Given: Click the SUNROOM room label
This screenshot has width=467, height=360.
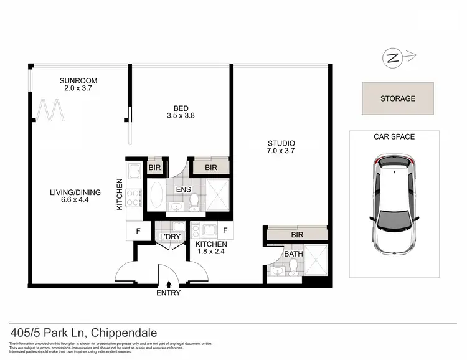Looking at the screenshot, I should (78, 81).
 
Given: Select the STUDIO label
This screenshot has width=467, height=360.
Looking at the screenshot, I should (282, 143).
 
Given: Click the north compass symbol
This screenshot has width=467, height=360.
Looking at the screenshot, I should (392, 59).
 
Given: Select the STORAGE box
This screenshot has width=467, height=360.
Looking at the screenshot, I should (397, 98).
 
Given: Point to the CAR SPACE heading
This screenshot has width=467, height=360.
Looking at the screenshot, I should (394, 136).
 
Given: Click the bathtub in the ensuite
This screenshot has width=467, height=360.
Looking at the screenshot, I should (156, 195).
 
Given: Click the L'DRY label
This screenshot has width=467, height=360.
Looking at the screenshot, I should (169, 238).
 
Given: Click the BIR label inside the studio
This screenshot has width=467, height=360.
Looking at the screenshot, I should (296, 235).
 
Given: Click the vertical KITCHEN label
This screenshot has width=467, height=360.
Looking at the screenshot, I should (120, 194).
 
